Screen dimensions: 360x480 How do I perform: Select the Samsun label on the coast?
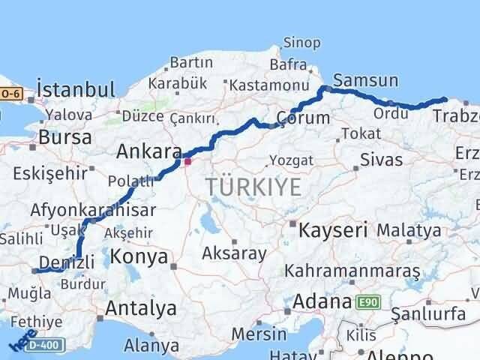tap(365, 80)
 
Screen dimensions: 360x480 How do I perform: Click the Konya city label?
tap(139, 257)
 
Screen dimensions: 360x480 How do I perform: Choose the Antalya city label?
tap(141, 307)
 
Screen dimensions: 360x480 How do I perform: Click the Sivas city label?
tap(381, 160)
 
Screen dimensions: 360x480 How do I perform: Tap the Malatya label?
tap(409, 229)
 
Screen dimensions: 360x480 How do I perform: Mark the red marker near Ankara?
tap(187, 160)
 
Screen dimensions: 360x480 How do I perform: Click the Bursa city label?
tap(64, 138)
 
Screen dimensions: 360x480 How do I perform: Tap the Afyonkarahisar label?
tap(93, 210)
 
